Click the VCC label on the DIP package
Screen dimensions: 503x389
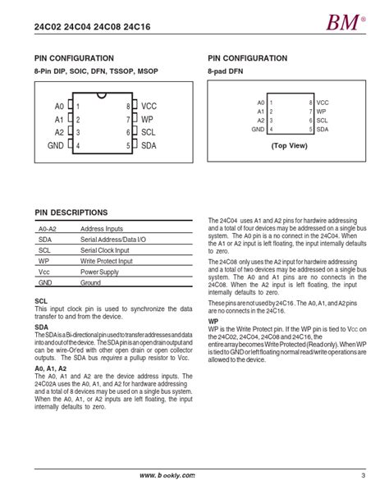point(149,107)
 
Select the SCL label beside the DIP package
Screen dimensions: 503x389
point(149,132)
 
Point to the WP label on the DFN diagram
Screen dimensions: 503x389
point(321,111)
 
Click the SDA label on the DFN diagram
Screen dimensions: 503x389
point(323,129)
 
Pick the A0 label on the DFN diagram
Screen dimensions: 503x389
point(260,102)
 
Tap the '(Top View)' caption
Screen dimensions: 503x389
point(291,145)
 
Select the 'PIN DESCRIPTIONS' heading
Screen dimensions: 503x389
point(71,212)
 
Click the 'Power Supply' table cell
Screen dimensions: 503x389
point(99,271)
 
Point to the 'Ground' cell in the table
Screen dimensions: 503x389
point(90,281)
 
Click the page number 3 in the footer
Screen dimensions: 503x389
point(362,475)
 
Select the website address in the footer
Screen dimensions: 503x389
point(167,475)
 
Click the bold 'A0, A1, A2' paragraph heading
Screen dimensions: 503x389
point(52,369)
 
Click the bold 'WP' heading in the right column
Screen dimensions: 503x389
point(213,322)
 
